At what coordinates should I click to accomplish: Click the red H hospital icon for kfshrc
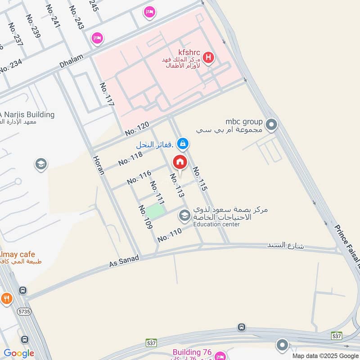208,57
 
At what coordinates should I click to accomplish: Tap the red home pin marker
180,162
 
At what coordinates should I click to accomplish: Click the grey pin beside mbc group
271,125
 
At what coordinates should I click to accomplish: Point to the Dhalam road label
72,62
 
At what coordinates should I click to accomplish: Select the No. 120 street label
137,129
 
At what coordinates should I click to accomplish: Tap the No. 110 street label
170,235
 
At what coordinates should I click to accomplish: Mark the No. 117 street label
107,94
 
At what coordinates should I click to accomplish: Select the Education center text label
216,224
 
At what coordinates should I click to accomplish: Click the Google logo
19,353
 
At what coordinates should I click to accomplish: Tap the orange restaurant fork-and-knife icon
6,298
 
